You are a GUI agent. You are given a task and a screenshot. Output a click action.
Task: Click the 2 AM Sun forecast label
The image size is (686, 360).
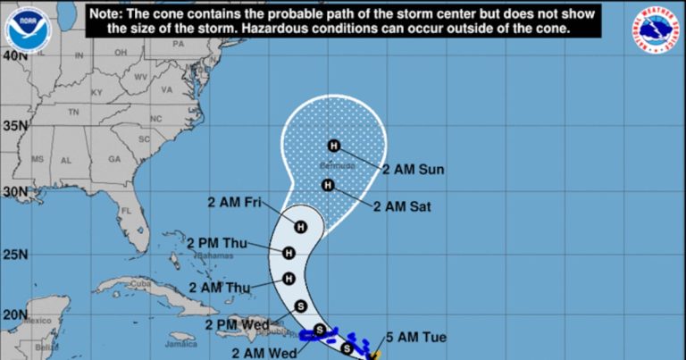(x=413, y=169)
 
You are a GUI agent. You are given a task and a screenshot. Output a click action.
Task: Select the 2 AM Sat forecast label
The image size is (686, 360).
(x=402, y=206)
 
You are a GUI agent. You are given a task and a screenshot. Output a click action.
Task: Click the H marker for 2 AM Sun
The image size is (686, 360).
(x=334, y=146)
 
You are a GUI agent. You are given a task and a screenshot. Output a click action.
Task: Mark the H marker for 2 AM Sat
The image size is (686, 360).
(x=328, y=186)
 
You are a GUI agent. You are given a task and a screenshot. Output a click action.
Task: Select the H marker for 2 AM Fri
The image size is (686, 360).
(x=301, y=227)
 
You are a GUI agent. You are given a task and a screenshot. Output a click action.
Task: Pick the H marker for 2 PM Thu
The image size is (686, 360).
(x=289, y=254)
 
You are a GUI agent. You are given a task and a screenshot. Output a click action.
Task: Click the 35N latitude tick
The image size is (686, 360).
(x=13, y=125)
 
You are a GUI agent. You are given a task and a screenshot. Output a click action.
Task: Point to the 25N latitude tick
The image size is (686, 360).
(x=13, y=255)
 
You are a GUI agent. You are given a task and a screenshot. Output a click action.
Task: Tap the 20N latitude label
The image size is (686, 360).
(x=13, y=314)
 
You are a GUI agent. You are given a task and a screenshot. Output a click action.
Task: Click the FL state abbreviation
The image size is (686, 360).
(x=128, y=212)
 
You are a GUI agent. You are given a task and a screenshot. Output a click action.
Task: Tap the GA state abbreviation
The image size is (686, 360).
(x=114, y=159)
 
